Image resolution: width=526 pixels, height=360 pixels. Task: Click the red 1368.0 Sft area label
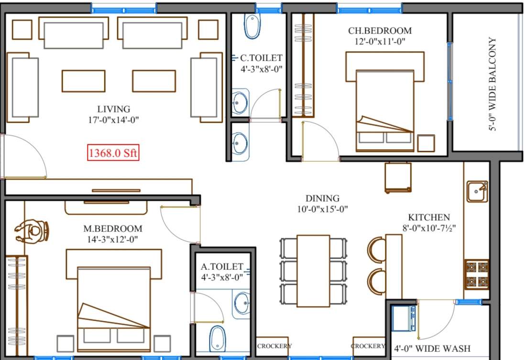coord(113,153)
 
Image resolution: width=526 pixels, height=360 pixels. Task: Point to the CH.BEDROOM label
coord(380,31)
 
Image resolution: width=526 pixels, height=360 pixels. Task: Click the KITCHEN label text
coord(428,218)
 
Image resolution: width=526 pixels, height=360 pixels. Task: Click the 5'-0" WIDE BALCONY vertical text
coord(493,84)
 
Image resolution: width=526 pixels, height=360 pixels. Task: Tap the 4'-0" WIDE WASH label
coord(432,349)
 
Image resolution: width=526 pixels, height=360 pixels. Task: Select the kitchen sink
coord(476,191)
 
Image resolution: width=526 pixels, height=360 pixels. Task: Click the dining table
coord(313,270)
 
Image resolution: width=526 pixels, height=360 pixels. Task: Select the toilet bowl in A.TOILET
coord(218,338)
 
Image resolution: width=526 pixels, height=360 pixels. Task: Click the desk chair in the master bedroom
coord(33,231)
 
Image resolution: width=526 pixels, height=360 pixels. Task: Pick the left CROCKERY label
coord(274,346)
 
